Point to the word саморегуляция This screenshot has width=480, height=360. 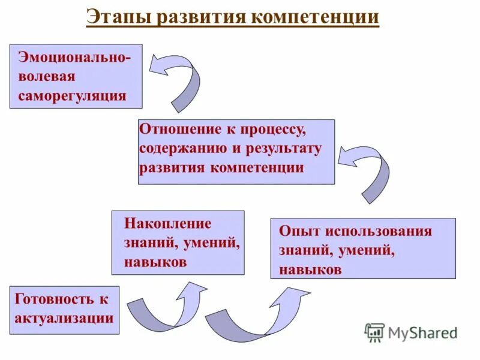72,95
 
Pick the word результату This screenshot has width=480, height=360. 286,148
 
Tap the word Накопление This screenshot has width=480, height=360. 169,224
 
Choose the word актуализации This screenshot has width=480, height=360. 64,318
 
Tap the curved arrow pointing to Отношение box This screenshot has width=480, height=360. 367,170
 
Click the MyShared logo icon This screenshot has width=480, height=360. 374,332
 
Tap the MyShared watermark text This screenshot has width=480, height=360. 422,332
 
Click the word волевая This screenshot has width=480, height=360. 47,77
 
